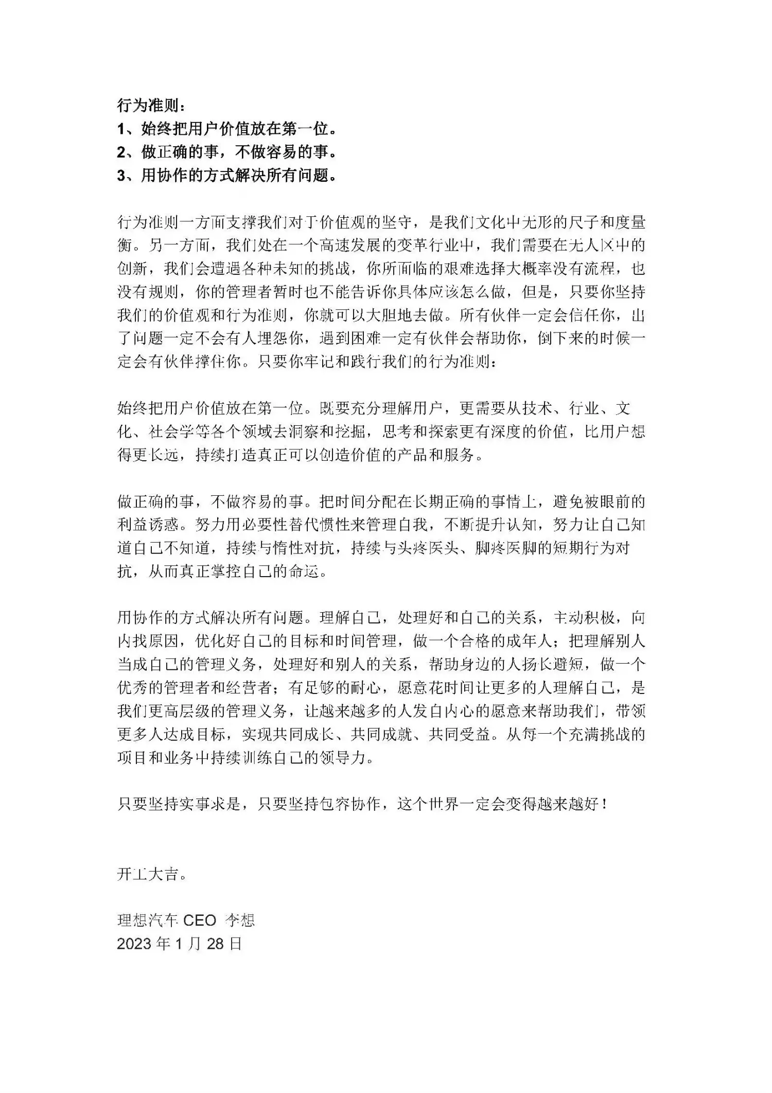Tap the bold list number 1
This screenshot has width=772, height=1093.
(x=121, y=129)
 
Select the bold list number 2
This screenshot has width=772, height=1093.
(x=121, y=152)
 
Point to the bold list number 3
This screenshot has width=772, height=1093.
(x=121, y=176)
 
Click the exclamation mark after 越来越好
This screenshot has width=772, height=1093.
(x=604, y=804)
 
